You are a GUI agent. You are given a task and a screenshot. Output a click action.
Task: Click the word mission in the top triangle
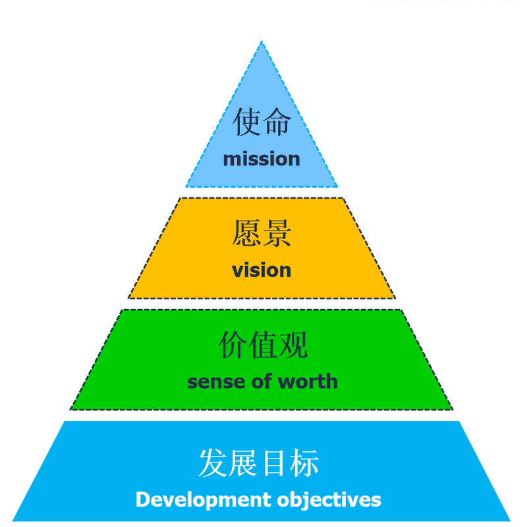tap(262, 159)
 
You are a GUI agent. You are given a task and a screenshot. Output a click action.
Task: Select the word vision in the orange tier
tap(262, 270)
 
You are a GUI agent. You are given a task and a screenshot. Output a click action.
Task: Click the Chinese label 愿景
tap(262, 233)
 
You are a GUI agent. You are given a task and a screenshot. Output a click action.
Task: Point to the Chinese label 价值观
tap(262, 345)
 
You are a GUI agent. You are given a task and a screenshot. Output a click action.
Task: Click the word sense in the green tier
tap(212, 381)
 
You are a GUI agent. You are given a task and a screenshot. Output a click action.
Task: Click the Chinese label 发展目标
tap(259, 463)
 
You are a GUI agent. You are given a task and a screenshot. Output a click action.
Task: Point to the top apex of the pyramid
tap(262, 43)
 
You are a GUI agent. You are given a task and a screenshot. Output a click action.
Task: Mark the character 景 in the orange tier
tap(277, 233)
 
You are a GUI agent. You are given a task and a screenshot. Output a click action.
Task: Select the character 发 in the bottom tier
tap(213, 463)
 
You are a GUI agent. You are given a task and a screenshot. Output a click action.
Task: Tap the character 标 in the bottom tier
tap(305, 463)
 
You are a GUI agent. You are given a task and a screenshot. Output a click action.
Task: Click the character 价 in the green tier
tap(232, 345)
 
